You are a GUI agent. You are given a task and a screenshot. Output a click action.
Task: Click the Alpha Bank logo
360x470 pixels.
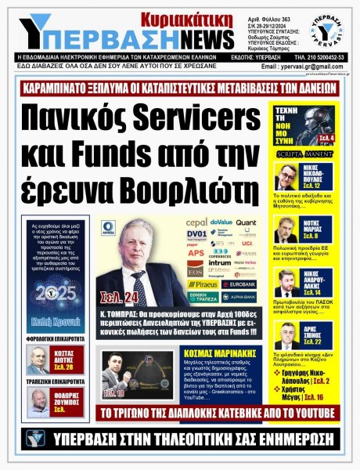(x=238, y=297)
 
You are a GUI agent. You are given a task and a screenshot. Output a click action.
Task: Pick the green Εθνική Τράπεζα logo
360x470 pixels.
(x=202, y=297)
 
